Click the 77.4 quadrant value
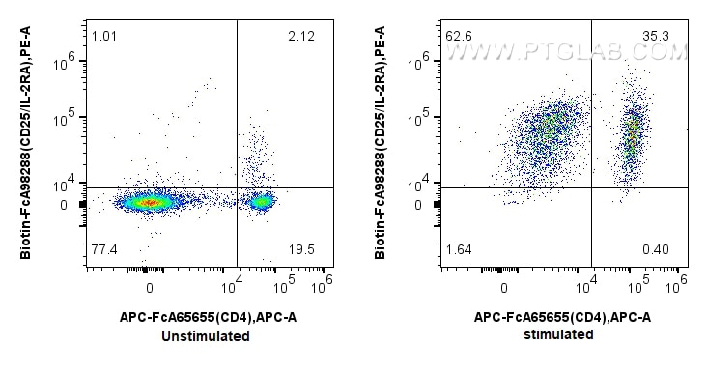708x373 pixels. pos(104,249)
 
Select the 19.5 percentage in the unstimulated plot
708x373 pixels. pos(302,249)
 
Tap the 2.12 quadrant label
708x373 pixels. pos(302,37)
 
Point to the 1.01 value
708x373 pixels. pos(104,37)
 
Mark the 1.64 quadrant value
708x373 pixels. pos(459,250)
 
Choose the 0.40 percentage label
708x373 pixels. pos(656,250)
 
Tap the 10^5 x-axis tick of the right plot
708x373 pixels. pos(636,287)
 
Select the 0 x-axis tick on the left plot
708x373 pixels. pos(149,288)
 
